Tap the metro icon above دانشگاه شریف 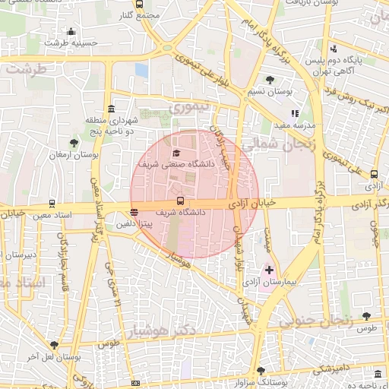(x=179, y=201)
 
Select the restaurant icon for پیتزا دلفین (x=134, y=213)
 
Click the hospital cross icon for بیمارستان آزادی (x=269, y=270)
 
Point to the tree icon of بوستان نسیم (x=270, y=80)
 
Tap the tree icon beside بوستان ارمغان (x=74, y=142)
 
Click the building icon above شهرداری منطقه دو (x=111, y=108)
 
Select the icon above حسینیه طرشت (x=71, y=31)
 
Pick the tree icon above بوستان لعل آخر (x=53, y=344)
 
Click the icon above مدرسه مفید (x=295, y=113)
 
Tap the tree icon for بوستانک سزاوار (x=261, y=370)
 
